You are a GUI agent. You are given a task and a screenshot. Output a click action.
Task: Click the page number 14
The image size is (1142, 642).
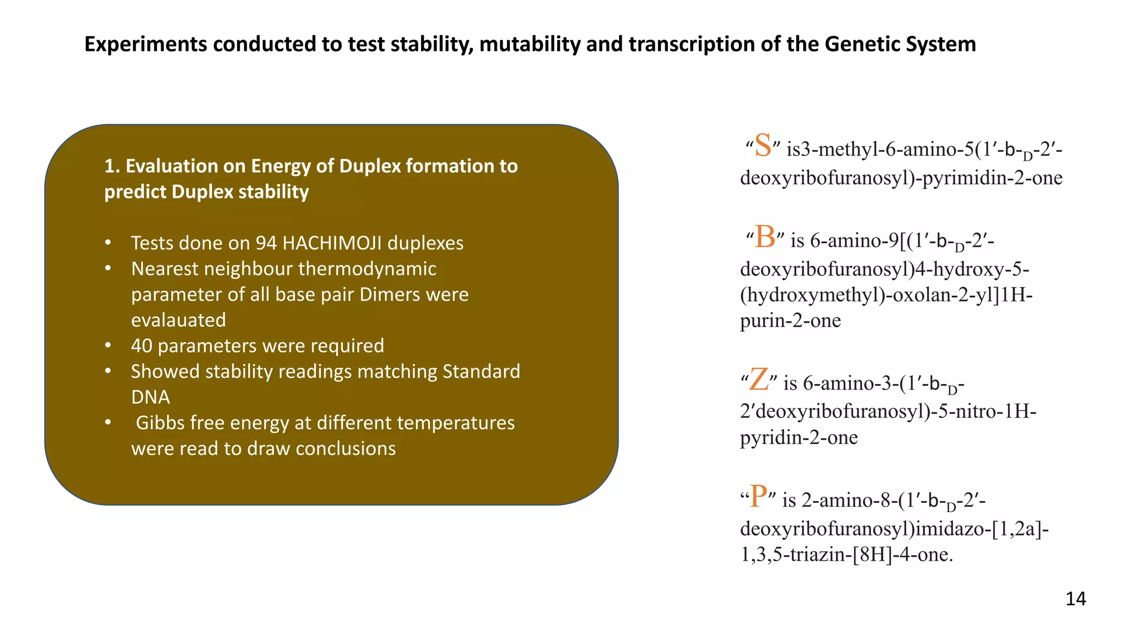tap(1075, 599)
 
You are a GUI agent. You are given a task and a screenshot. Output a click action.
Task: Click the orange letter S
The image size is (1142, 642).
tap(763, 146)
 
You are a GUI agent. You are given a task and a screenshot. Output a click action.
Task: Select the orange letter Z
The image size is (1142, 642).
tap(759, 380)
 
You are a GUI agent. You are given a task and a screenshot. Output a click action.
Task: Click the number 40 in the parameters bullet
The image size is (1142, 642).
tap(142, 346)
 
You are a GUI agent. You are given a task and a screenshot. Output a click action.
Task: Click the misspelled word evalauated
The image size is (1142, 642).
tap(178, 320)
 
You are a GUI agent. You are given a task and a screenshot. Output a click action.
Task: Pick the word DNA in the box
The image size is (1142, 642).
tap(151, 397)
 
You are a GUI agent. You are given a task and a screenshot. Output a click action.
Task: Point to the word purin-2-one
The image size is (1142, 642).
tap(790, 320)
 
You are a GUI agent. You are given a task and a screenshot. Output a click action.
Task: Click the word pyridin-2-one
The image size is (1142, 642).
tap(799, 437)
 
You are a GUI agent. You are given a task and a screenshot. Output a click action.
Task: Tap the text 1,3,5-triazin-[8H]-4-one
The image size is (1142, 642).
tap(846, 555)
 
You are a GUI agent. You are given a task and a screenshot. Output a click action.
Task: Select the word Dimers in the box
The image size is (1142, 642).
tap(388, 294)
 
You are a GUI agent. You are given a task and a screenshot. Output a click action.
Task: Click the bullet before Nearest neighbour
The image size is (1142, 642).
tap(108, 269)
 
